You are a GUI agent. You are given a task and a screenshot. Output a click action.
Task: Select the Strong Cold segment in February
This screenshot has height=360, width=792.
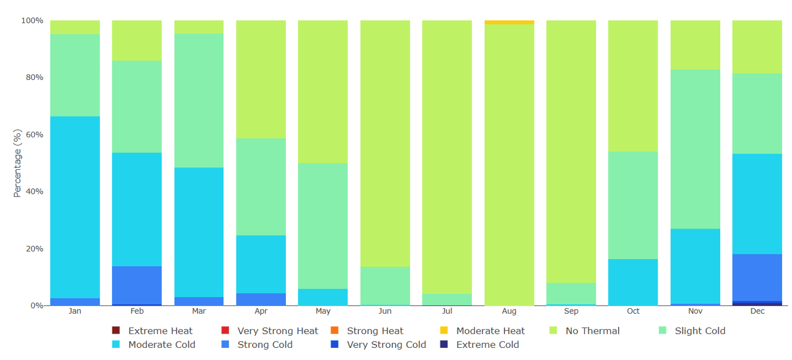pyautogui.click(x=137, y=285)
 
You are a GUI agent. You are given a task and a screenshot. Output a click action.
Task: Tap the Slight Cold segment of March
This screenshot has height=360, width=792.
pyautogui.click(x=199, y=100)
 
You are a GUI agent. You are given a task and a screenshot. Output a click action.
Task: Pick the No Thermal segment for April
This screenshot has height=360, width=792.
pyautogui.click(x=261, y=79)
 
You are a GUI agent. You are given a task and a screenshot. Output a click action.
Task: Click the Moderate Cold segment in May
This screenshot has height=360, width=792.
pyautogui.click(x=323, y=297)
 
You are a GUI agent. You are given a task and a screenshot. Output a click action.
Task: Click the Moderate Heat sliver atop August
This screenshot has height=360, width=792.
pyautogui.click(x=509, y=22)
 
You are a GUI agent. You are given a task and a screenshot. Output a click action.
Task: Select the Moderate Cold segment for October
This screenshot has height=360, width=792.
pyautogui.click(x=633, y=282)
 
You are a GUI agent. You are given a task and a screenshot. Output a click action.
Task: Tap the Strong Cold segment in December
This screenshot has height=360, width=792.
pyautogui.click(x=757, y=277)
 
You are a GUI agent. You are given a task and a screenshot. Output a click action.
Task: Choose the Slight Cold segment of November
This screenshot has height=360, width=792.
pyautogui.click(x=695, y=149)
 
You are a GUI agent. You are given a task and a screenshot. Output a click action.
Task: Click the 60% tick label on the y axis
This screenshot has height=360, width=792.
pyautogui.click(x=32, y=134)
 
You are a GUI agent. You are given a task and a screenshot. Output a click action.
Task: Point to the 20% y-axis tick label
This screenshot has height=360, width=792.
pyautogui.click(x=32, y=249)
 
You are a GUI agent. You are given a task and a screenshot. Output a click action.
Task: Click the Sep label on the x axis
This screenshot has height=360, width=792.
pyautogui.click(x=571, y=311)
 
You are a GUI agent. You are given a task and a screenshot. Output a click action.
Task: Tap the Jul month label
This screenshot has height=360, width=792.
pyautogui.click(x=447, y=311)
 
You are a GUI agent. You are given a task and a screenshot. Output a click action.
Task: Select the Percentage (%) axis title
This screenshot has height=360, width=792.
pyautogui.click(x=17, y=163)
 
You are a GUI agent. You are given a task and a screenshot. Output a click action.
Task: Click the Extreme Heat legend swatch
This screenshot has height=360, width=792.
pyautogui.click(x=116, y=331)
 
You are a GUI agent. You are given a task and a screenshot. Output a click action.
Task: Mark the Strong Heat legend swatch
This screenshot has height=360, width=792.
pyautogui.click(x=335, y=331)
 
